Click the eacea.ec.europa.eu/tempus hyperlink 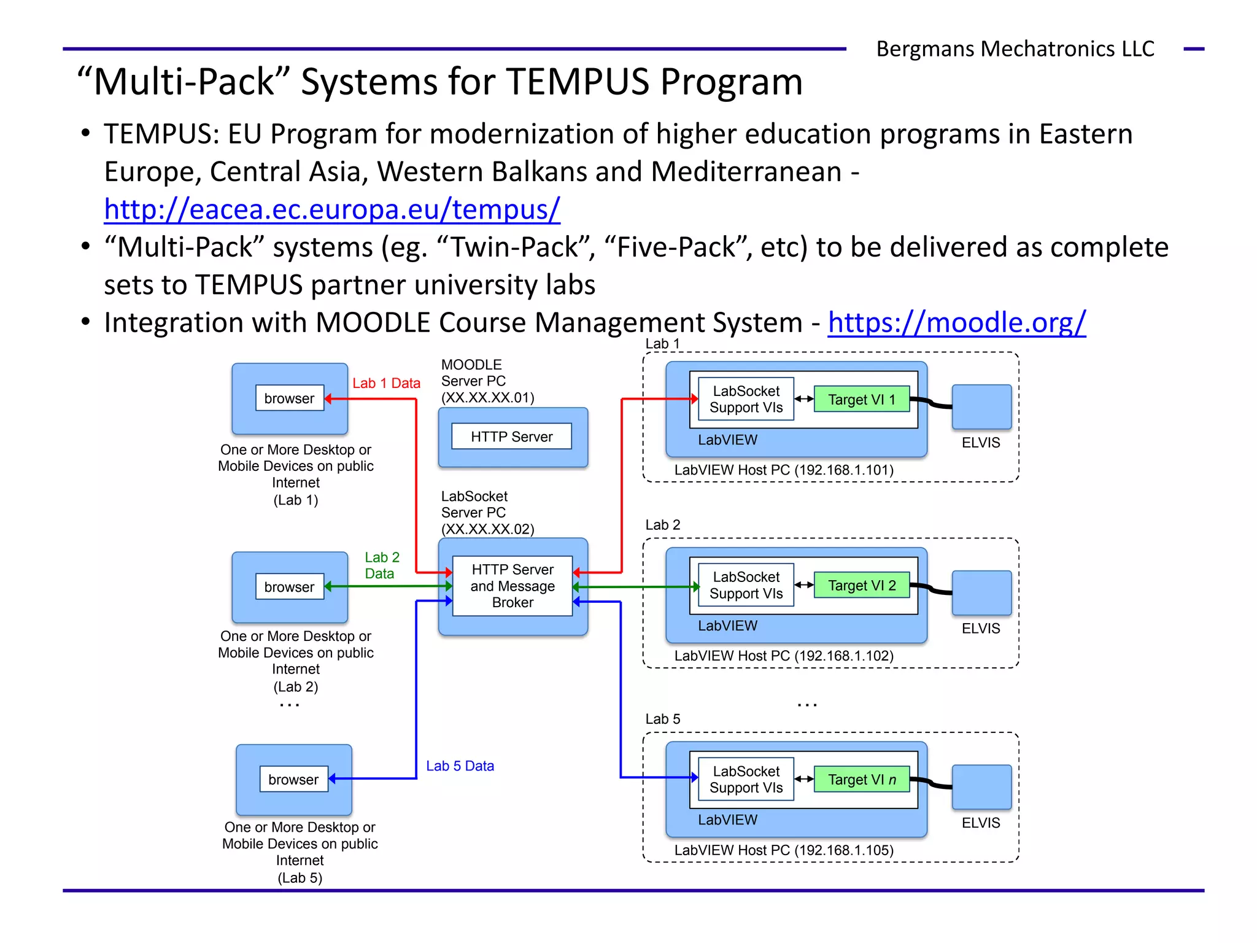[331, 209]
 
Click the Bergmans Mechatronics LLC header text [1015, 49]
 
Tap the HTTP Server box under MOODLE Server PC [511, 437]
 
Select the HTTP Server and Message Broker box [512, 586]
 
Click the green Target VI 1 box [861, 400]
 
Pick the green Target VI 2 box [861, 586]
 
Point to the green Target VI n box [861, 780]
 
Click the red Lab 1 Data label [386, 383]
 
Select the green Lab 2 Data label [381, 565]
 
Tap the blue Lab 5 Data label [460, 766]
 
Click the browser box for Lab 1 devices [289, 398]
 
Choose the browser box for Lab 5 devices [293, 780]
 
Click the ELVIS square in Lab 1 [981, 407]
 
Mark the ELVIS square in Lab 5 [981, 787]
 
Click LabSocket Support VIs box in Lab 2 [746, 586]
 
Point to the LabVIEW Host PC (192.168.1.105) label [783, 850]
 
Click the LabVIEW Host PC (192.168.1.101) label [783, 470]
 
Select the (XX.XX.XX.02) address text [487, 529]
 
